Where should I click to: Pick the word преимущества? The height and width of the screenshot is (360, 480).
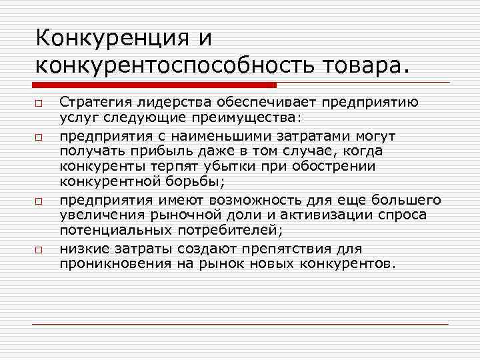(253, 117)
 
